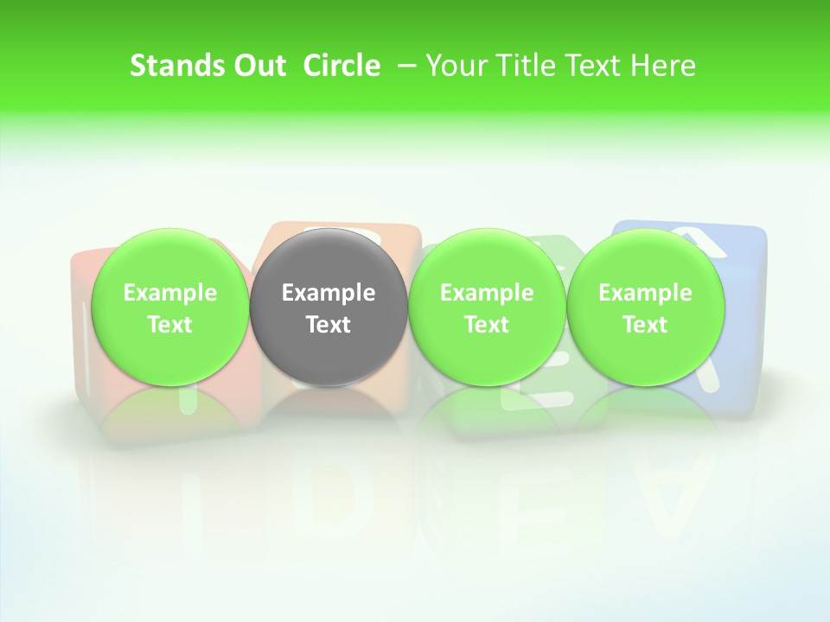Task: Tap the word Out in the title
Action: point(258,66)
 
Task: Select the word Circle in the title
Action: point(342,66)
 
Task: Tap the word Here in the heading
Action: point(663,66)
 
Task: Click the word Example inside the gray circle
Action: point(329,293)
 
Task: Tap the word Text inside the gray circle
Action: point(329,325)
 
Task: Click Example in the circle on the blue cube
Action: point(645,293)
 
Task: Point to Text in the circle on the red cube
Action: point(169,325)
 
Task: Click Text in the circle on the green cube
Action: point(487,325)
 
